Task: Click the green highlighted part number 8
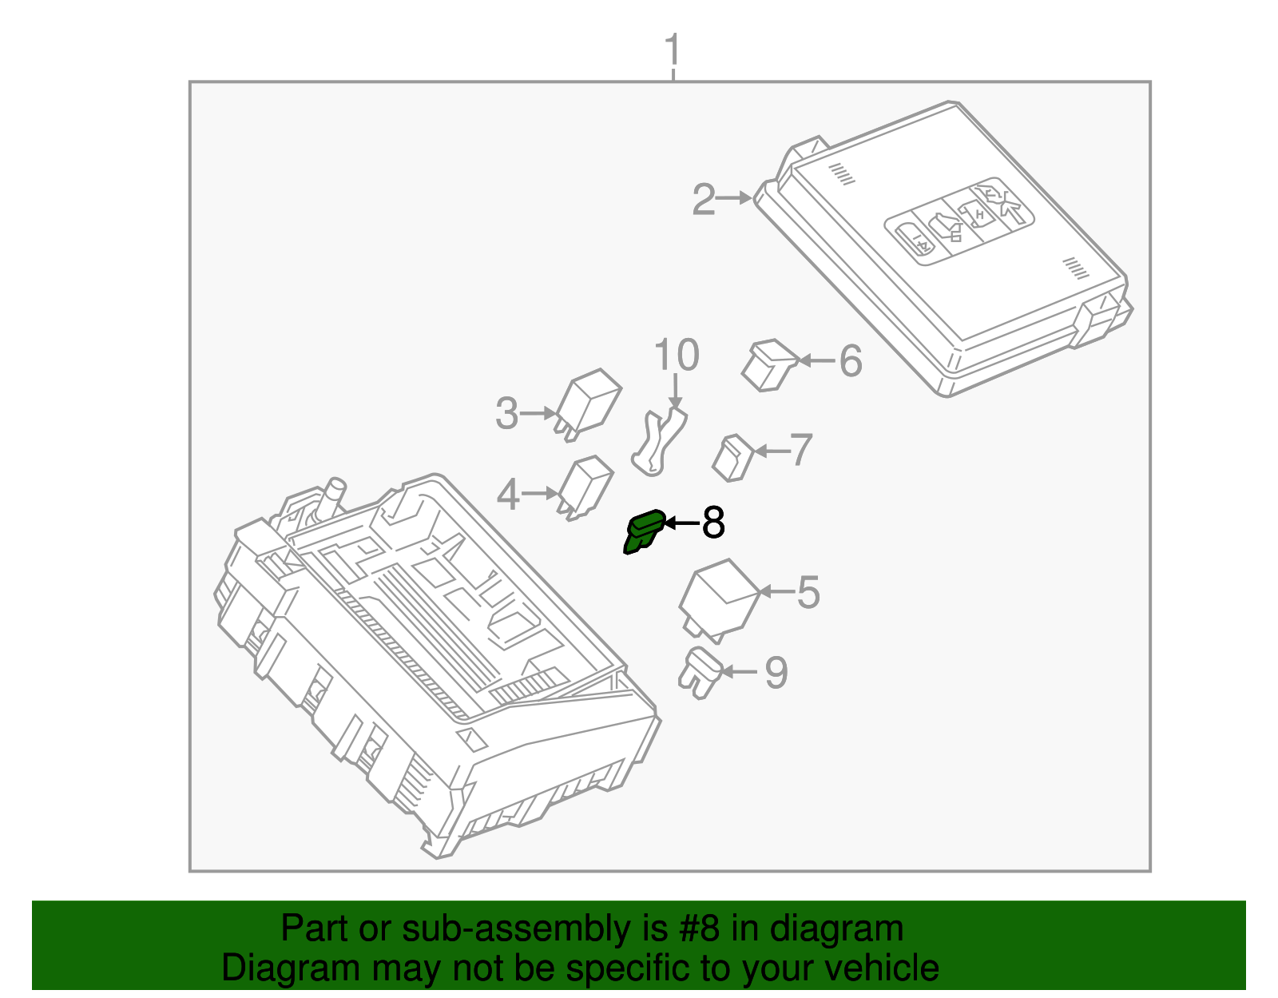coord(644,531)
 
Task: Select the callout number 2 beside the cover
coord(703,199)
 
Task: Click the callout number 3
coord(506,414)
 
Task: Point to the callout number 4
coord(508,495)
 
